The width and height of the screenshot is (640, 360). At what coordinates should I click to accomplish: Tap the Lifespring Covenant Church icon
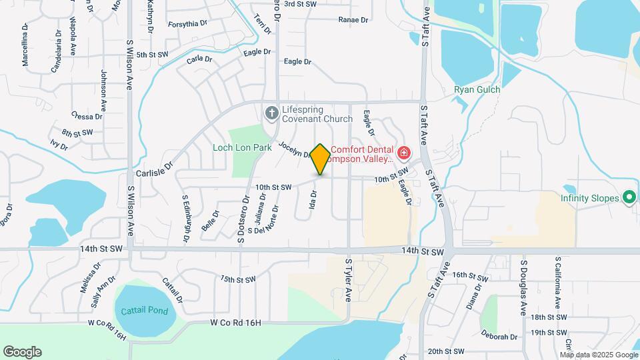271,113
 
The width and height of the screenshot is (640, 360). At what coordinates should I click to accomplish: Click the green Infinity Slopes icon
628,198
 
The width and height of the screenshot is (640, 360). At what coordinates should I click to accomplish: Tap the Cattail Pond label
145,311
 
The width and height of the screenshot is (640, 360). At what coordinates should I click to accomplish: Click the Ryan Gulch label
477,89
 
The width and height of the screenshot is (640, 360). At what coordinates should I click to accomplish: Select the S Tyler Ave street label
347,280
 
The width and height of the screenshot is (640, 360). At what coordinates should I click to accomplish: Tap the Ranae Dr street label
353,20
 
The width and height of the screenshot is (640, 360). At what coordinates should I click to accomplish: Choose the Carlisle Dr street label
155,172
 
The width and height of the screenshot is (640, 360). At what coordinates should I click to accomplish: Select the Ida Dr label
312,200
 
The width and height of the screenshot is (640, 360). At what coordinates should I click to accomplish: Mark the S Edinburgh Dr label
185,219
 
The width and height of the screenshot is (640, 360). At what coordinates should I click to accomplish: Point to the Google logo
22,352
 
